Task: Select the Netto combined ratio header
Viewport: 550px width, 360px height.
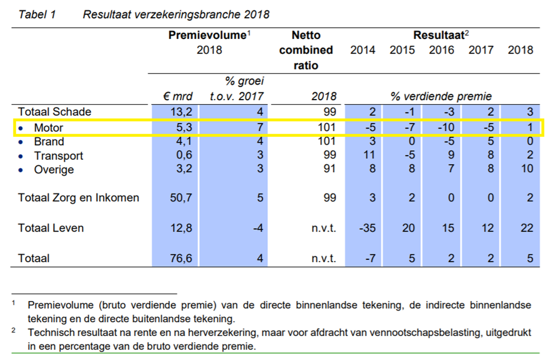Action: tap(306, 50)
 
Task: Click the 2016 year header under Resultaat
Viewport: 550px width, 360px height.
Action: tap(441, 50)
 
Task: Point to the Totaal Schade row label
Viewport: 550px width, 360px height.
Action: tap(55, 111)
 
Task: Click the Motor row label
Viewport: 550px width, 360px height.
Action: tap(48, 127)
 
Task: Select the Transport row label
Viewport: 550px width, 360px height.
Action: tap(58, 156)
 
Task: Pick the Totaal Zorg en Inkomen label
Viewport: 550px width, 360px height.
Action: tap(78, 198)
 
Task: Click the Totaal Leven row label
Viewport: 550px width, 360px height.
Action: tap(51, 228)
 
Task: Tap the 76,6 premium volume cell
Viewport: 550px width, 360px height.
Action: tap(181, 258)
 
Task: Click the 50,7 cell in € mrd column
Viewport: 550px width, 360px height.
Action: tap(181, 198)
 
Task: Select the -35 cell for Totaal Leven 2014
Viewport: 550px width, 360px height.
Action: tap(367, 228)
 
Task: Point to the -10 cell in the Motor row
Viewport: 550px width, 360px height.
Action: tap(446, 127)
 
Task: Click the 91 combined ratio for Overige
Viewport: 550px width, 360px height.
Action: tap(330, 169)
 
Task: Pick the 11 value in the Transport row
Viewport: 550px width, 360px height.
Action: tap(369, 155)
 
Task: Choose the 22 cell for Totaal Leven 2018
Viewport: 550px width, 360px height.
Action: tap(527, 228)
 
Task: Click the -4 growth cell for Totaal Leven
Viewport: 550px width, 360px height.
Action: tap(258, 228)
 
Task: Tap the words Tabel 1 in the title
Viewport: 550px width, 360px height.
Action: tap(37, 14)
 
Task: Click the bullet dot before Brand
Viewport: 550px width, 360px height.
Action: tap(21, 142)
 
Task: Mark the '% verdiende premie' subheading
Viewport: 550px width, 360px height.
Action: tap(441, 96)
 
